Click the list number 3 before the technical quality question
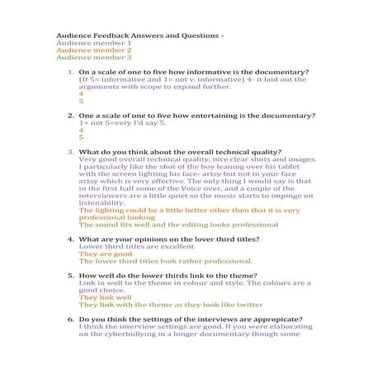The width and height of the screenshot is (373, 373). [x=70, y=152]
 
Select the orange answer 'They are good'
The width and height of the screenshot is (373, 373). [x=100, y=254]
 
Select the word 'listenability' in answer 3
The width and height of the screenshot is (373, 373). [x=107, y=203]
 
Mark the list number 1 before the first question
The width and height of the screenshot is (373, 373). [x=70, y=73]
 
